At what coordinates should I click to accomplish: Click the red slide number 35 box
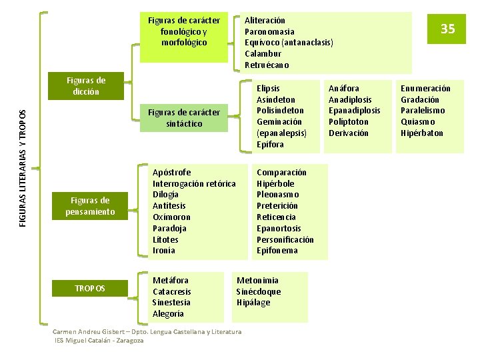tap(447, 29)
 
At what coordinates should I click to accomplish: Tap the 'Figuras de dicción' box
tap(86, 86)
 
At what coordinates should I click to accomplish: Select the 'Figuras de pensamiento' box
tap(90, 206)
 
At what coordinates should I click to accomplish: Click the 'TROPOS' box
tap(90, 288)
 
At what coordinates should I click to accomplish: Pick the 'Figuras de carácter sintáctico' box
tap(184, 118)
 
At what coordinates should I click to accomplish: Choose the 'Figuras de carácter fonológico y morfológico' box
tap(184, 31)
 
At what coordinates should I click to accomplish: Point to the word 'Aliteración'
tap(265, 21)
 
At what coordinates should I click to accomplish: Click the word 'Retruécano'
tap(267, 65)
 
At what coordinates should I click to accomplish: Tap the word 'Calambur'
tap(263, 53)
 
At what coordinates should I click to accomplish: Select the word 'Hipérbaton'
tap(422, 133)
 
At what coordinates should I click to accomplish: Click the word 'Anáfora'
tap(343, 88)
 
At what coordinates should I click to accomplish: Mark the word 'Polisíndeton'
tap(280, 111)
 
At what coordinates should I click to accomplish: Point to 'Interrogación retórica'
tap(194, 183)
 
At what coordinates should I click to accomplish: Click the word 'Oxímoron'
tap(171, 217)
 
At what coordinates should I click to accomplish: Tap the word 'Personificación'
tap(285, 239)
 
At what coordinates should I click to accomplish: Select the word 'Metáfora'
tap(170, 280)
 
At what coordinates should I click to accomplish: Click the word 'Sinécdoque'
tap(259, 291)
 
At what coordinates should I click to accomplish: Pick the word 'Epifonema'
tap(277, 251)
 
